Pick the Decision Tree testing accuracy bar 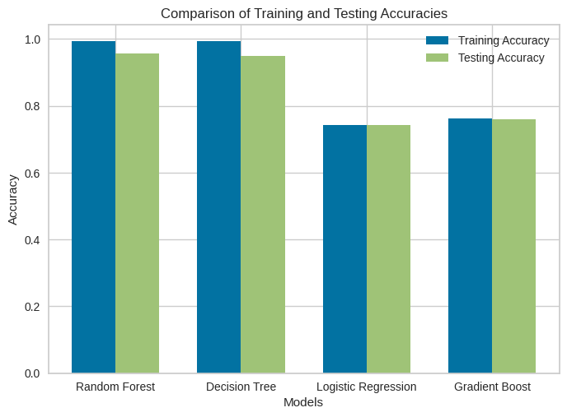[x=263, y=215]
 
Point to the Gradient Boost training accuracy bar [x=470, y=246]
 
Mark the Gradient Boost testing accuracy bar [x=513, y=247]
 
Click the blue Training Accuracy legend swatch [x=437, y=40]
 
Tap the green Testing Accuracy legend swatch [x=437, y=58]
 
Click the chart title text [x=304, y=13]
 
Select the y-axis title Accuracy [x=13, y=199]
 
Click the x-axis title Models [x=303, y=402]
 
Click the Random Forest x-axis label [x=115, y=387]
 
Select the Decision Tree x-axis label [x=241, y=387]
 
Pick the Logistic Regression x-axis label [x=367, y=387]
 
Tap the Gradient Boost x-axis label [x=492, y=387]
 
